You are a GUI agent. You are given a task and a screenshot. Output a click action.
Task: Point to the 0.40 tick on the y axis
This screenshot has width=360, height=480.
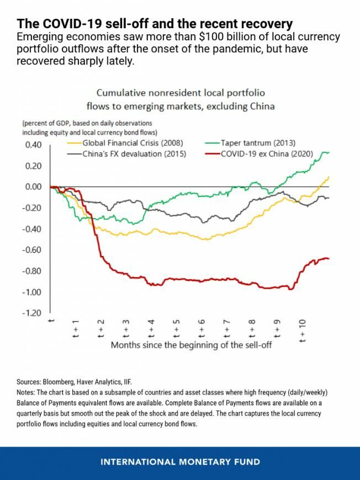tap(32, 145)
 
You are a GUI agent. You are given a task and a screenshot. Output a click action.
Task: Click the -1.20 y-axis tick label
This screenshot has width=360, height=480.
tap(31, 313)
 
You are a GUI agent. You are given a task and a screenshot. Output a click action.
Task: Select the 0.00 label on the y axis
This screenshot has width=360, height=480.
tap(32, 187)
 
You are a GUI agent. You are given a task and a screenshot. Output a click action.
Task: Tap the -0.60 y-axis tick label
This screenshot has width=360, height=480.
tap(31, 250)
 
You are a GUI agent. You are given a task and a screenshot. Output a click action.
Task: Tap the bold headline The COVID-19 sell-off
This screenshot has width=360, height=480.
tap(155, 24)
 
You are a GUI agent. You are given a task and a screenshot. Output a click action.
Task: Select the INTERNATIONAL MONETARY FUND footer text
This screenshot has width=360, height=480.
tap(180, 462)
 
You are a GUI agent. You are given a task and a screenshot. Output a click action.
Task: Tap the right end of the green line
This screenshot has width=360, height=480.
tap(329, 152)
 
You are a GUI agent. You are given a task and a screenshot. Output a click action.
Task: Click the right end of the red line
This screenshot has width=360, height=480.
tap(329, 259)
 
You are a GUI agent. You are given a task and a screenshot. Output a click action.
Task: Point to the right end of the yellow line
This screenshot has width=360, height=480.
tap(329, 177)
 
